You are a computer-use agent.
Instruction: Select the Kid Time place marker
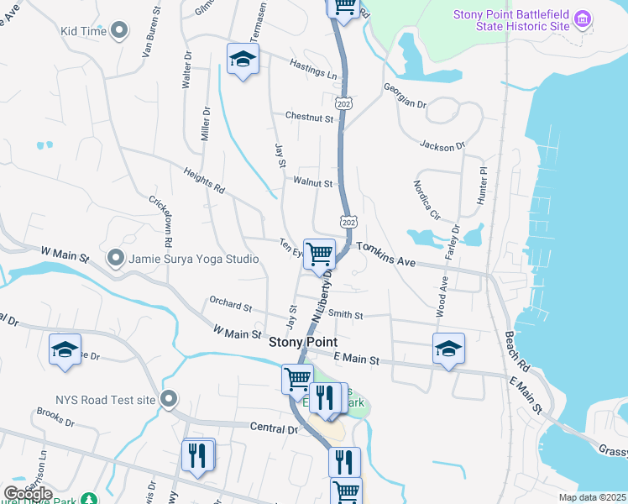pyautogui.click(x=119, y=31)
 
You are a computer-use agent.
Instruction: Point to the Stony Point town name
pyautogui.click(x=303, y=342)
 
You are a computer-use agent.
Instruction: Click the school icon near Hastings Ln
pyautogui.click(x=243, y=59)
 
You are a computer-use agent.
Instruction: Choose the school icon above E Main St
pyautogui.click(x=448, y=348)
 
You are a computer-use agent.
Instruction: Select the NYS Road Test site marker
pyautogui.click(x=170, y=400)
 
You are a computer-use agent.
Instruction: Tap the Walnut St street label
pyautogui.click(x=314, y=182)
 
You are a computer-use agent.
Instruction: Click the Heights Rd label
pyautogui.click(x=204, y=181)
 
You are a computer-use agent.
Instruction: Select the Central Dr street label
pyautogui.click(x=275, y=428)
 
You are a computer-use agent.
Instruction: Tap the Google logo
pyautogui.click(x=28, y=494)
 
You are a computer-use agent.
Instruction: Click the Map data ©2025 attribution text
pyautogui.click(x=593, y=497)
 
